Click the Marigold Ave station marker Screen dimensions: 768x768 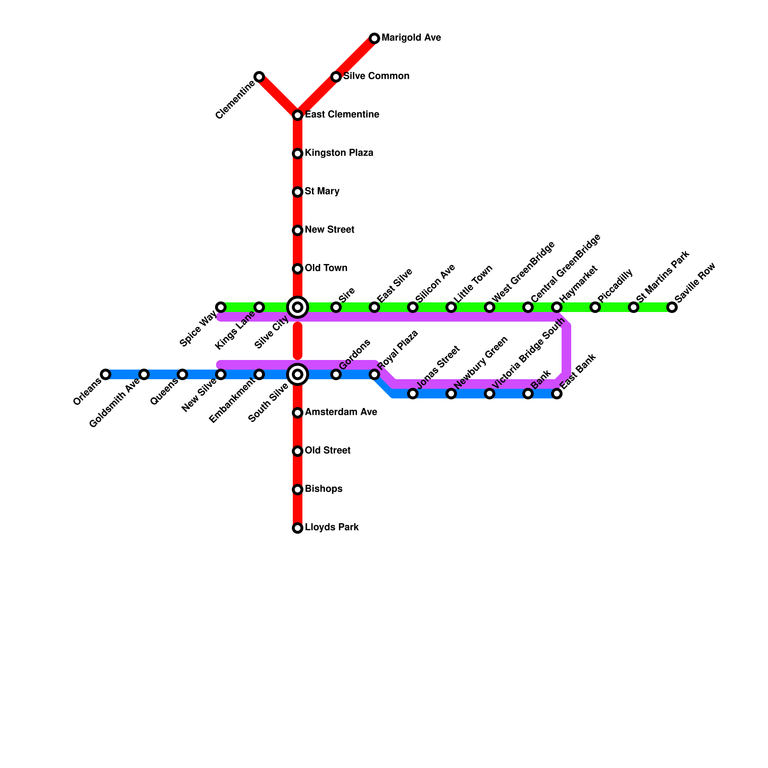click(374, 38)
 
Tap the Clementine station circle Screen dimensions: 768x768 click(259, 77)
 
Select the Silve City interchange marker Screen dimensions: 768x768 click(298, 307)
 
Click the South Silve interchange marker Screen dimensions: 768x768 click(298, 374)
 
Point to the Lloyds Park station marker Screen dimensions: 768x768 click(298, 528)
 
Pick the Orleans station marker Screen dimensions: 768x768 click(106, 374)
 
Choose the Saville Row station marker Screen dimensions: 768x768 click(672, 307)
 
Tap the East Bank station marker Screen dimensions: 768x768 click(557, 394)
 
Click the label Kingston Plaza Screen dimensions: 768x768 click(339, 153)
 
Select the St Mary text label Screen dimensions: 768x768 click(322, 192)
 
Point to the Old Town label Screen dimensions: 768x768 click(326, 268)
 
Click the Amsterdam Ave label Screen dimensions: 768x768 click(341, 412)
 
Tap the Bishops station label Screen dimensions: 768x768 click(324, 489)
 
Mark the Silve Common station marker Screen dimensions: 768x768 click(336, 77)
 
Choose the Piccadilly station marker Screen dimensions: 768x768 click(595, 307)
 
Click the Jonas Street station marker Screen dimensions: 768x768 click(413, 394)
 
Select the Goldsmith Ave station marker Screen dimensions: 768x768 click(144, 374)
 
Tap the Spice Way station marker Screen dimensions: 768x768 click(221, 307)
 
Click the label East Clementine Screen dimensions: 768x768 click(342, 115)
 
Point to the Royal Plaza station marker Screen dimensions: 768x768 click(374, 374)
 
